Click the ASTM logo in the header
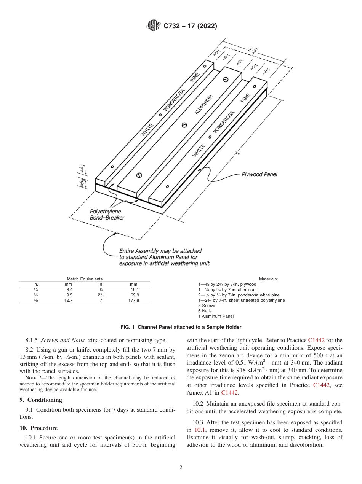pos(154,26)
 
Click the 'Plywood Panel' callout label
pos(259,174)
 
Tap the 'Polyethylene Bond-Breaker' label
pos(107,214)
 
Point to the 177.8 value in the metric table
pos(134,300)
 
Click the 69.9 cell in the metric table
pos(134,295)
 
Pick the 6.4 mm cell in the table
pos(69,290)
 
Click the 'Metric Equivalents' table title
pos(85,279)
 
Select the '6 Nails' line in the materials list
pos(205,311)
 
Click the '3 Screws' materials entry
pos(207,306)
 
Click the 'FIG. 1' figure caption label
pos(128,327)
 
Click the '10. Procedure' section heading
pos(38,428)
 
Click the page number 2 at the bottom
pos(181,468)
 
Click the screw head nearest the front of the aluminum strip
pos(139,175)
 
